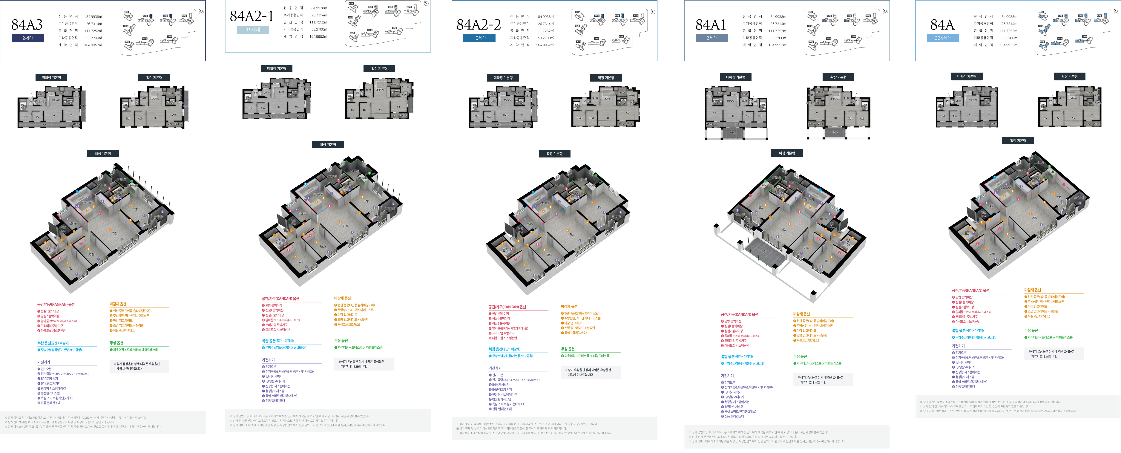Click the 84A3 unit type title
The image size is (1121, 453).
pos(27,25)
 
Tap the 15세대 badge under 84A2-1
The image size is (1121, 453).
pos(253,30)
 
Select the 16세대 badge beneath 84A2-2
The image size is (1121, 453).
pos(479,38)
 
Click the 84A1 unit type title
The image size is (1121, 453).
pos(711,25)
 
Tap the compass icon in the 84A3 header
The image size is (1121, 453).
pos(201,12)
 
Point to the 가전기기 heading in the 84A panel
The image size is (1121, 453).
pos(958,346)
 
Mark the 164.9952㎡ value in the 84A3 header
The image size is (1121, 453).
pos(93,45)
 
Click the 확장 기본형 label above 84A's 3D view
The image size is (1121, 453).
pos(1018,140)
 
